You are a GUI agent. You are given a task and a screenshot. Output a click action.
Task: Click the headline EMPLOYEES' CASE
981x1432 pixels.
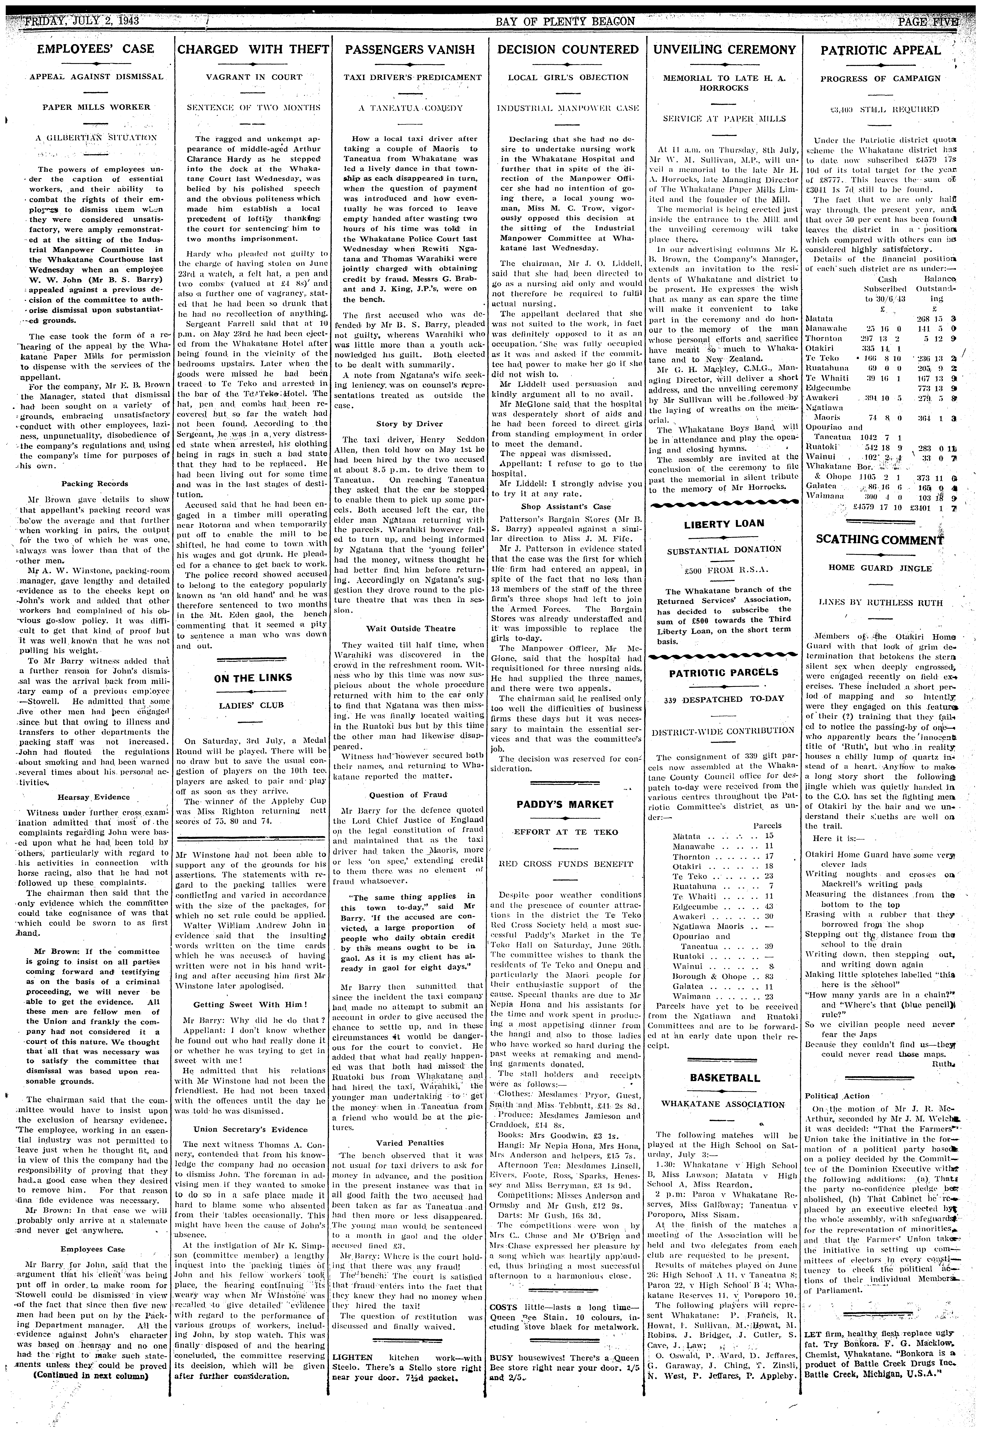(x=96, y=49)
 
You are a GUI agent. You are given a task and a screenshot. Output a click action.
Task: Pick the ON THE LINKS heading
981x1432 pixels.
(x=253, y=678)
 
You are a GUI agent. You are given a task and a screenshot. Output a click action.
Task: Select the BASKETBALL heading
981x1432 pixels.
(x=724, y=1078)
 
